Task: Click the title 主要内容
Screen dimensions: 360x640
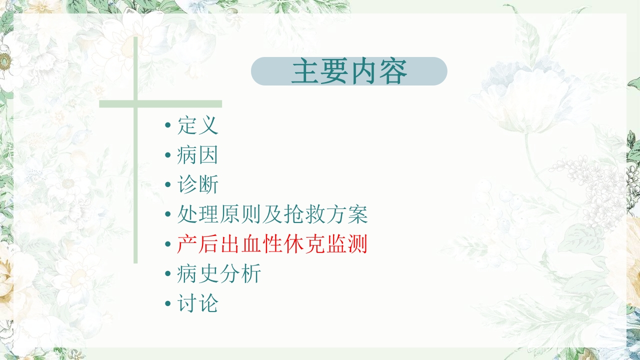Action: (x=349, y=71)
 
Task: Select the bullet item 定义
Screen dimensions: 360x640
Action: (x=197, y=125)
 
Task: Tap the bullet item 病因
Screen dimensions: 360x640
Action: (x=197, y=155)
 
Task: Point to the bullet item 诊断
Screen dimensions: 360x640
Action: (x=197, y=185)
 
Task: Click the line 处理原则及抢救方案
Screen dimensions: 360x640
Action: (x=272, y=214)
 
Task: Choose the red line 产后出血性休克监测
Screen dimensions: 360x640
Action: (x=272, y=244)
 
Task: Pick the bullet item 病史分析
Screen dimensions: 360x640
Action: (x=219, y=274)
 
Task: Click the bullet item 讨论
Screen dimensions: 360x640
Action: (x=197, y=303)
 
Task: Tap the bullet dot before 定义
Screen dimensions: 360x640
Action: (x=168, y=126)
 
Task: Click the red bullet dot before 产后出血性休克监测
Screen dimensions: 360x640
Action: (x=168, y=245)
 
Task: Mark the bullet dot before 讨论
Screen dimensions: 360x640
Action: (x=168, y=304)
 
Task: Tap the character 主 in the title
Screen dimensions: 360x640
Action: (x=305, y=71)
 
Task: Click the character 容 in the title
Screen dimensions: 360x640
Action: (x=393, y=71)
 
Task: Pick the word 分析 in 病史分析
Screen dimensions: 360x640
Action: (x=240, y=274)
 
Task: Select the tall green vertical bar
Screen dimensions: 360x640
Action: (x=135, y=200)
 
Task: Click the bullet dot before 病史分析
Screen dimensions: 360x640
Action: (x=168, y=275)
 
